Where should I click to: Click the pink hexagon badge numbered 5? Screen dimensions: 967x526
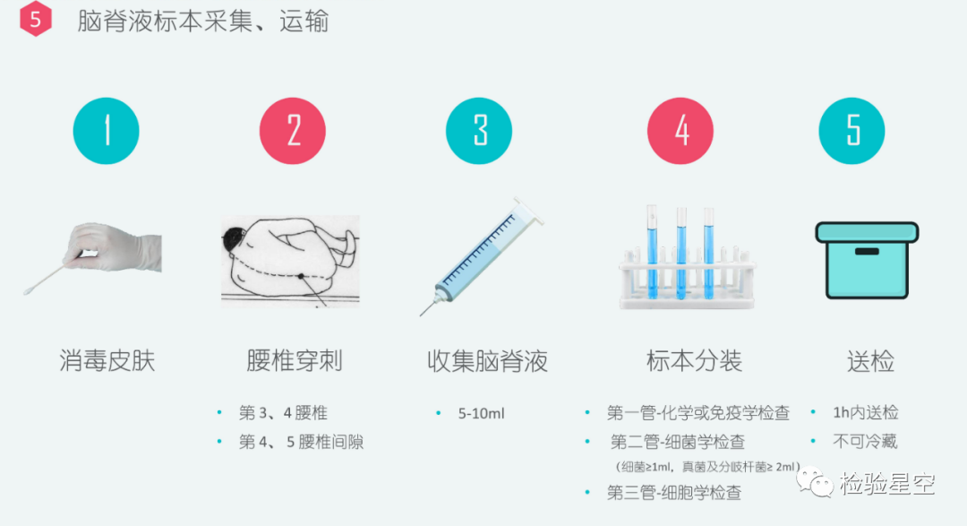point(35,19)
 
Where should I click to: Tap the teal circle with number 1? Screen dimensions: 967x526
point(106,131)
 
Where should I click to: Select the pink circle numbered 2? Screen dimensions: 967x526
point(292,131)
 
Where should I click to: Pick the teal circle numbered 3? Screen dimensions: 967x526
point(478,131)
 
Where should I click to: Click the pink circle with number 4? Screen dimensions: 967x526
point(680,131)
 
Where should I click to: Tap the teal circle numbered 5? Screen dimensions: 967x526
point(851,131)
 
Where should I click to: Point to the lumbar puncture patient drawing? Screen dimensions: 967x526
point(290,261)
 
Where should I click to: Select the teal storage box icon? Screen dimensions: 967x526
point(867,260)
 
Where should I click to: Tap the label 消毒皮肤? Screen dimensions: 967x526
point(107,360)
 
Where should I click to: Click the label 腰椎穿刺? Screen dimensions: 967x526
point(295,360)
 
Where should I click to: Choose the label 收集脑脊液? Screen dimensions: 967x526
point(487,360)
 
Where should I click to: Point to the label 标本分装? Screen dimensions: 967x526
point(695,360)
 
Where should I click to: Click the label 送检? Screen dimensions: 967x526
point(871,360)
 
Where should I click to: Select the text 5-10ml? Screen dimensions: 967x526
point(481,413)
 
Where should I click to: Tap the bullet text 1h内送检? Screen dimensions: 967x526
point(865,412)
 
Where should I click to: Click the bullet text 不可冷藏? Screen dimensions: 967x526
point(865,442)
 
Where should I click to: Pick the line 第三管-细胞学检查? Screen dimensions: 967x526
point(674,492)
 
